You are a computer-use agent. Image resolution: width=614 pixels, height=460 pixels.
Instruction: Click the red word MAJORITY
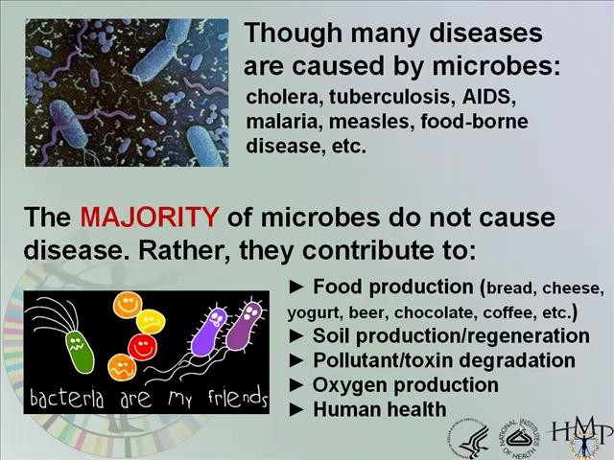click(149, 218)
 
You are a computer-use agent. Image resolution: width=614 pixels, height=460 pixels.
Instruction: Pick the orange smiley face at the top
click(128, 307)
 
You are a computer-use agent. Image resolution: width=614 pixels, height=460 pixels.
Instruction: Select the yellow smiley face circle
click(151, 320)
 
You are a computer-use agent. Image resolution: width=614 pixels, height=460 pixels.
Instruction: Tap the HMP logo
click(581, 437)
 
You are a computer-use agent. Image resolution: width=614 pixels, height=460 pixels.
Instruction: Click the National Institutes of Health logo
click(519, 437)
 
